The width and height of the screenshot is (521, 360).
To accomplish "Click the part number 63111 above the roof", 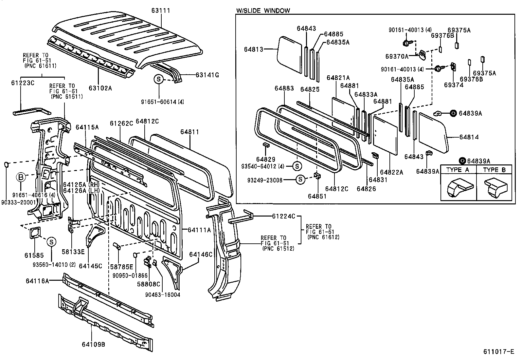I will [x=161, y=10].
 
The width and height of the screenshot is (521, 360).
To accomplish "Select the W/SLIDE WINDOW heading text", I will [x=263, y=10].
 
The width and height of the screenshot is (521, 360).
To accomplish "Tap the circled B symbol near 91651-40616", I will [x=20, y=178].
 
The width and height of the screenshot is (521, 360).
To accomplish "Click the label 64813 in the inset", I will [x=253, y=49].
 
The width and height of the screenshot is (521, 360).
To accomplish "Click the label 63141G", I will [x=207, y=75].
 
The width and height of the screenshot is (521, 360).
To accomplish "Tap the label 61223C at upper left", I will [x=23, y=83].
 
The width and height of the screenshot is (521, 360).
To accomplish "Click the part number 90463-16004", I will [x=163, y=294].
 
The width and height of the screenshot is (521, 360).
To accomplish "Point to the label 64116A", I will [x=37, y=280].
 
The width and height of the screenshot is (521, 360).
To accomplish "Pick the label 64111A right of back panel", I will [x=199, y=230].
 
